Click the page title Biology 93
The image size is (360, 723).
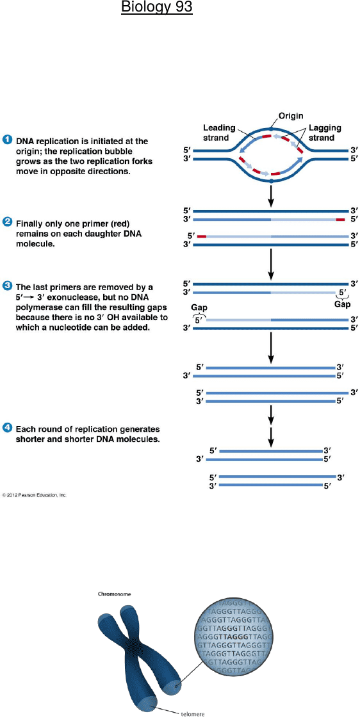pyautogui.click(x=157, y=8)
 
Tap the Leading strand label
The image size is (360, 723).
pyautogui.click(x=220, y=133)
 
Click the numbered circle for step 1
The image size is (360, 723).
pyautogui.click(x=7, y=140)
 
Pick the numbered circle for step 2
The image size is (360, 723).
pyautogui.click(x=7, y=222)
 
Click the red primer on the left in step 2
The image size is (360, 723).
pyautogui.click(x=202, y=236)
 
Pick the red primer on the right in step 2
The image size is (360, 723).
pyautogui.click(x=340, y=220)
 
